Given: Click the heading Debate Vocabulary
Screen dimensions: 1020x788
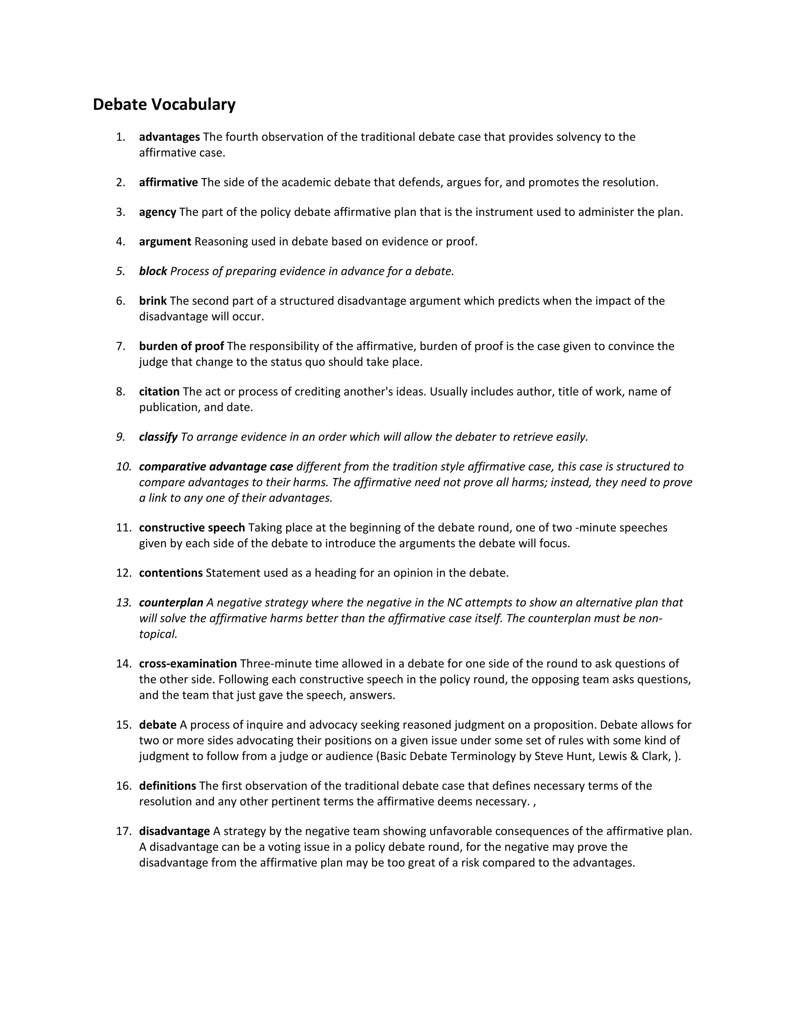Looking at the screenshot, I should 164,104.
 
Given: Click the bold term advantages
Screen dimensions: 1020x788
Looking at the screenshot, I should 169,137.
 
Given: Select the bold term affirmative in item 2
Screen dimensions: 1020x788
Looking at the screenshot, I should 169,182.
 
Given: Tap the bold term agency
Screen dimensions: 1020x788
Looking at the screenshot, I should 158,212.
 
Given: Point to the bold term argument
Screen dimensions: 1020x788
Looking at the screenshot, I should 165,241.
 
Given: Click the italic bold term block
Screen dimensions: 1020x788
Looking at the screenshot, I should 153,271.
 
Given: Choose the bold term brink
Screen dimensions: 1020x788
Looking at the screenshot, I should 153,301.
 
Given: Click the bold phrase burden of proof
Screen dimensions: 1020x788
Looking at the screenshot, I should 182,346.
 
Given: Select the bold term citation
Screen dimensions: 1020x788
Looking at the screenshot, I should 159,391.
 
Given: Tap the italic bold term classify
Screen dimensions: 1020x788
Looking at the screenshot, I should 158,437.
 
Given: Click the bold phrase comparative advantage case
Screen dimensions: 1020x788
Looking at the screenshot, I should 216,467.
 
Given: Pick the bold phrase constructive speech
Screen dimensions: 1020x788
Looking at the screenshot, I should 192,527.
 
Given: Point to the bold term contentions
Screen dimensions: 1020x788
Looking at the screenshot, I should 171,573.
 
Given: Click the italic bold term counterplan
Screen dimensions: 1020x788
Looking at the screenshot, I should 171,602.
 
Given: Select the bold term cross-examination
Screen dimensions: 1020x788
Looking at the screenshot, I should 188,663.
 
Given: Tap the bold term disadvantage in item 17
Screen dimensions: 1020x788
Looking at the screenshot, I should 175,831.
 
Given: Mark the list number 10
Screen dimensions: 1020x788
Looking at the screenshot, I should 124,467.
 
